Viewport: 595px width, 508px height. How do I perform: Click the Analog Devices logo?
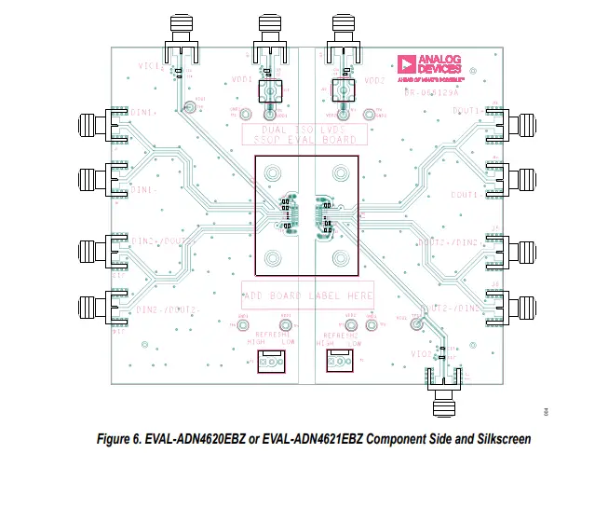pos(428,64)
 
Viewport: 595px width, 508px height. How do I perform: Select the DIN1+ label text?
pos(144,113)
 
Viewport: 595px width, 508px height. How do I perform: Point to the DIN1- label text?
pos(144,190)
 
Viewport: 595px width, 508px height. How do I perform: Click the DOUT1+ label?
pos(467,111)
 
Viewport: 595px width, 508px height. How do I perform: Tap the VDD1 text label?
pos(242,80)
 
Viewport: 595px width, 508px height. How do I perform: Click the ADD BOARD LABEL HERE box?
pos(308,295)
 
